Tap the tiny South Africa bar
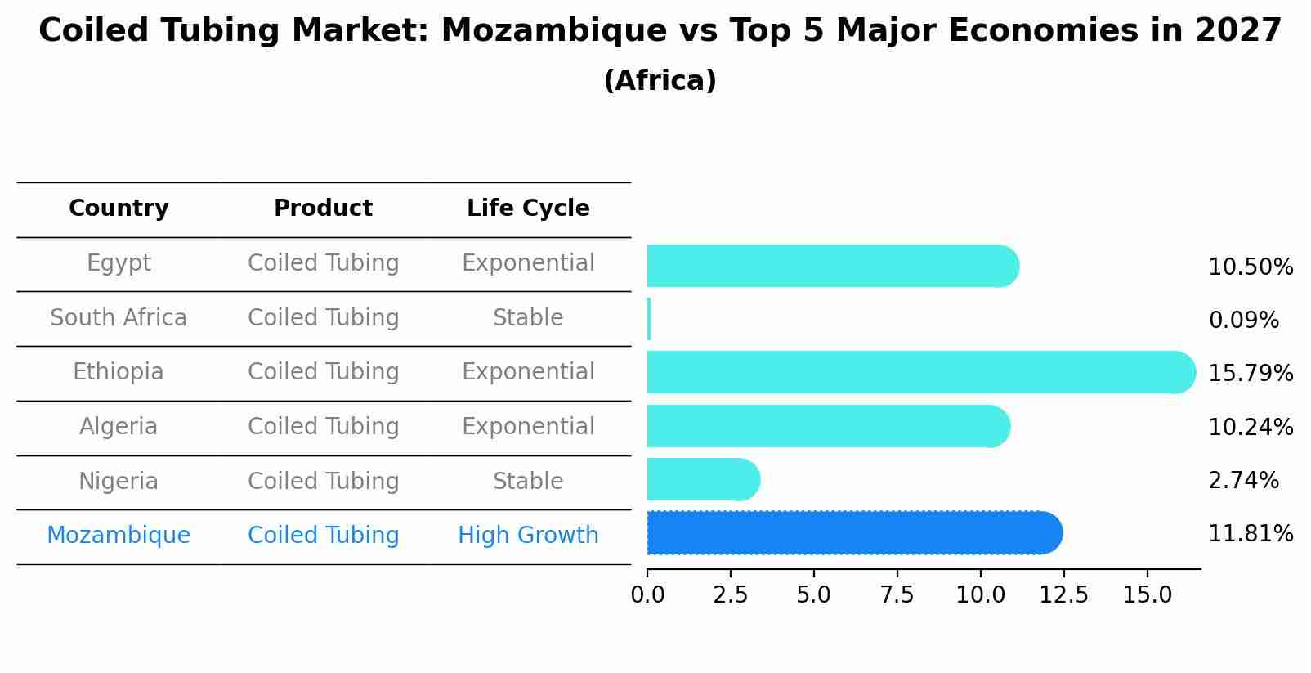coord(649,319)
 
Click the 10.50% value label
coord(1250,267)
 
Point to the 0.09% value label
coord(1243,321)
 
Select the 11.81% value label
coord(1250,534)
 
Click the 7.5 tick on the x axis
coord(897,595)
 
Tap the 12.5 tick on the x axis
coord(1063,595)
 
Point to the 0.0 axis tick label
coord(647,595)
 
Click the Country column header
coord(119,209)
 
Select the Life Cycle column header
coord(528,209)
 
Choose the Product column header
coord(323,209)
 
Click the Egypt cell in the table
coord(119,263)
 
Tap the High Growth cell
coord(528,536)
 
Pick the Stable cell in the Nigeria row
coord(528,481)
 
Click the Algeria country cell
coord(119,427)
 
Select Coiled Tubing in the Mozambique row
coord(323,536)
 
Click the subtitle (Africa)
coord(660,81)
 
